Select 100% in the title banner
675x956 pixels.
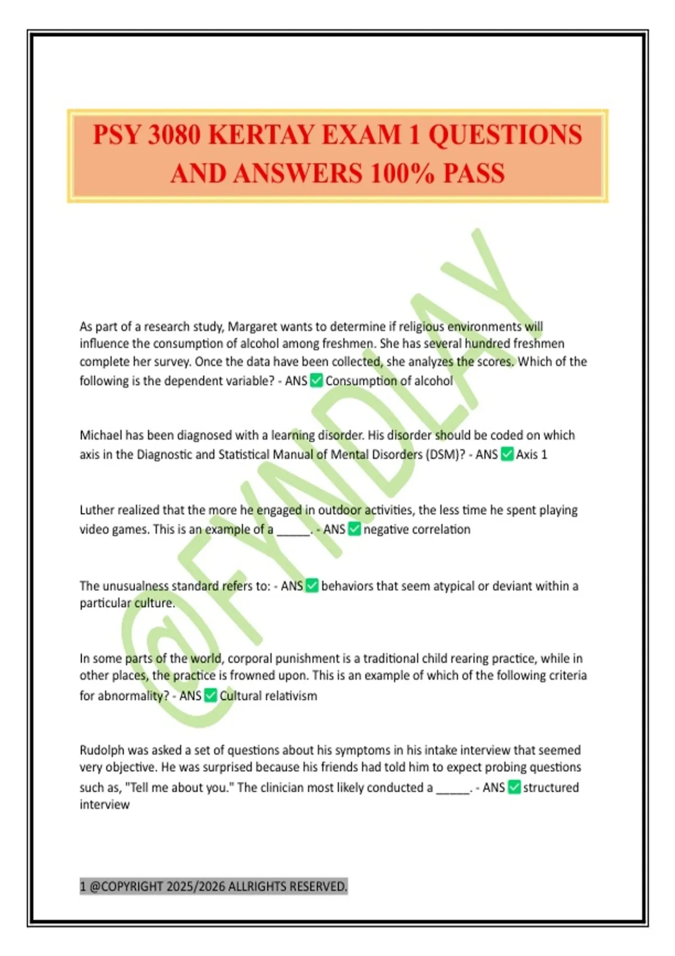point(402,173)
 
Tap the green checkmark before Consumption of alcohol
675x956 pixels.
point(317,381)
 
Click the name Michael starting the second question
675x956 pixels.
point(101,435)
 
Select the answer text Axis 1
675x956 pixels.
point(532,454)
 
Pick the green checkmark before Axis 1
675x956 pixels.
point(507,454)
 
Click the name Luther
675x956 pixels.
point(97,510)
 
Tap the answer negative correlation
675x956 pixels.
point(417,529)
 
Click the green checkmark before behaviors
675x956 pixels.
point(312,586)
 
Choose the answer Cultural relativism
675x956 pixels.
point(268,696)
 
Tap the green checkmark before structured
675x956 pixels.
point(514,787)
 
